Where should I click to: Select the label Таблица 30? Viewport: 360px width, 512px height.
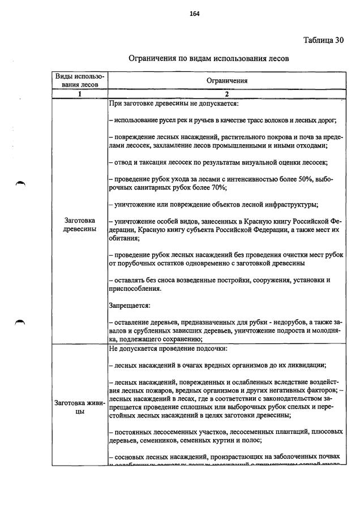[x=323, y=40]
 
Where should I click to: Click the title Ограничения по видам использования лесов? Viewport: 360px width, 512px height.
[x=208, y=58]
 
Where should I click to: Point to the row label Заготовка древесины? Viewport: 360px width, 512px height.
[x=79, y=224]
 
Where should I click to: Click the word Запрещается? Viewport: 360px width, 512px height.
[x=129, y=306]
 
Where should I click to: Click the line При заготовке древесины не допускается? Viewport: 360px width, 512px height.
[x=173, y=104]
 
